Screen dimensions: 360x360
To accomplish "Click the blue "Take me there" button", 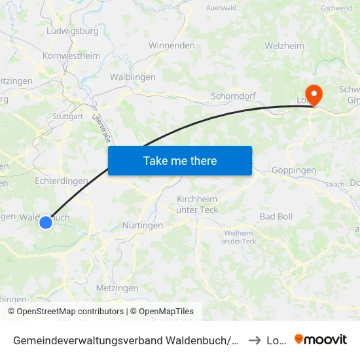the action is tap(180, 160).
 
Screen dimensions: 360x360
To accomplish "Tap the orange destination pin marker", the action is tap(314, 95).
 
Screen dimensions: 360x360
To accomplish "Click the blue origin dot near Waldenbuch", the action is tap(46, 223).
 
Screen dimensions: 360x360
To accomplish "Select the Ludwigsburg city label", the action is tap(73, 31).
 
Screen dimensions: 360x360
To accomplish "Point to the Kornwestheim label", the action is tap(71, 56).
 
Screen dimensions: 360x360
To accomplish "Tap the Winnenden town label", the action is tap(171, 46).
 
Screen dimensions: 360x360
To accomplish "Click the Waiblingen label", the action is tap(133, 77).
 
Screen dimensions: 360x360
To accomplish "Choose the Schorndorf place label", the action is tap(232, 96).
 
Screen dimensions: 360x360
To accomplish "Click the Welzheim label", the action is tap(285, 46).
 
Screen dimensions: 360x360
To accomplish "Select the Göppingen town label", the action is tap(293, 170).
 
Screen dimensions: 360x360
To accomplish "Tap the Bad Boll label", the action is tap(276, 216).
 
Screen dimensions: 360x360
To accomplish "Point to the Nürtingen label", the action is tap(143, 225).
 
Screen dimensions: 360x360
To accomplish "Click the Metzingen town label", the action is tap(117, 288).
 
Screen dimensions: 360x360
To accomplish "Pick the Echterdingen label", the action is tap(61, 181).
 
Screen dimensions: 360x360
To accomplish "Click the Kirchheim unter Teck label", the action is tap(197, 204).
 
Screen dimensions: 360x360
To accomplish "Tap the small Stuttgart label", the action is tap(67, 117).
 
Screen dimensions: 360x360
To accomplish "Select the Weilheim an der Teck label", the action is tap(240, 237).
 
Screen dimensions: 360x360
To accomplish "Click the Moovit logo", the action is tap(321, 339).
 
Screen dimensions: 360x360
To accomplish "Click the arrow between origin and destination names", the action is tap(255, 340).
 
